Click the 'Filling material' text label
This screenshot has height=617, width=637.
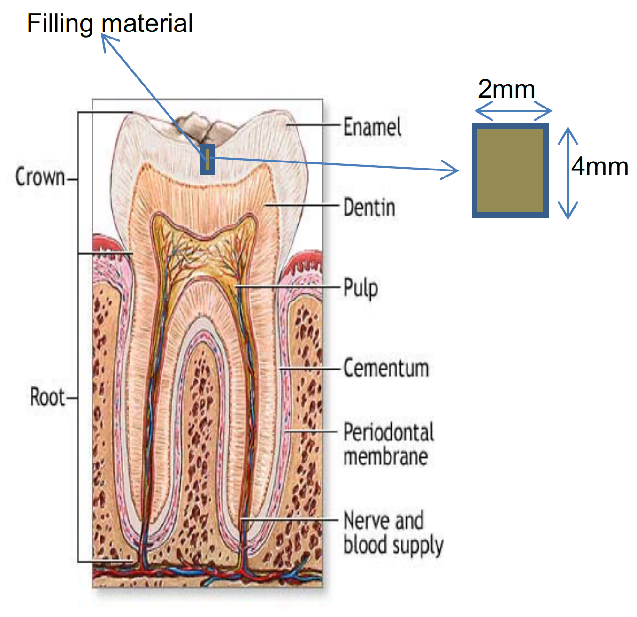(x=109, y=23)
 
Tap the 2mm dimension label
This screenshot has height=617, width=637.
(x=507, y=89)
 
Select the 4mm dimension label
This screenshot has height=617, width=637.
(x=599, y=167)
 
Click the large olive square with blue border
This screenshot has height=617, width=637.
(x=510, y=171)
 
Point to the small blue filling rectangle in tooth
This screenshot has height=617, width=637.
(x=207, y=160)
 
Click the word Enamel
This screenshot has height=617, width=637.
(x=372, y=127)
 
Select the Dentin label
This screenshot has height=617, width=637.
(x=369, y=208)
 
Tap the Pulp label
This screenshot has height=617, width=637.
(x=361, y=288)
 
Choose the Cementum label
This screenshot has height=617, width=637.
(x=386, y=368)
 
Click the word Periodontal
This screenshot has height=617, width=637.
(x=389, y=432)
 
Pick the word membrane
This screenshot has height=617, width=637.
(x=385, y=457)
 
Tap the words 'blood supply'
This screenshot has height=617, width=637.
(x=393, y=545)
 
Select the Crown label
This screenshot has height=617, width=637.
(x=40, y=177)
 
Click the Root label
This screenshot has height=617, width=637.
(x=47, y=397)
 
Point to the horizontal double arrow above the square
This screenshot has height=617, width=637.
(x=513, y=111)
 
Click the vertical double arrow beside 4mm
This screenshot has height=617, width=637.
(x=568, y=173)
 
